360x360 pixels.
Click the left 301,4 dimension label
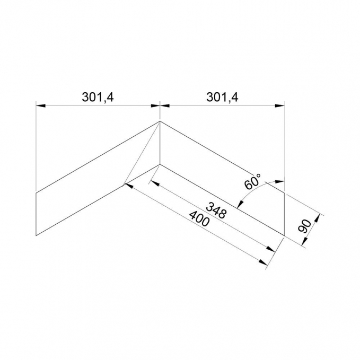[98, 98]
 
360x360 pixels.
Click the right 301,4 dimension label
[222, 98]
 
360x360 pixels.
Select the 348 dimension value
[216, 210]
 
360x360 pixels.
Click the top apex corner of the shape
[160, 121]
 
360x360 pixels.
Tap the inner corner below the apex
[160, 164]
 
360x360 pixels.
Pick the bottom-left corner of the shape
[36, 235]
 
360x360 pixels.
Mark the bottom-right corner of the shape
[285, 235]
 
